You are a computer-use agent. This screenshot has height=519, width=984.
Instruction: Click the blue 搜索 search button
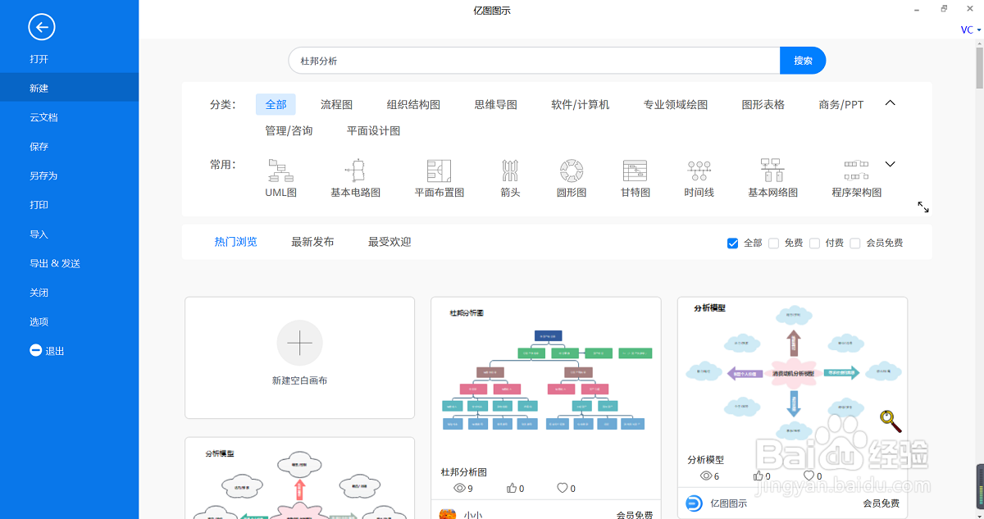tap(802, 61)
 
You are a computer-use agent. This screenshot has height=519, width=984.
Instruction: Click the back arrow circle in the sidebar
tap(42, 27)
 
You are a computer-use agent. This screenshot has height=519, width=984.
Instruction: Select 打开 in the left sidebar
tap(39, 59)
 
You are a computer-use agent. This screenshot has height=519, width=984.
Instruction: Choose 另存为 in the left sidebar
tap(43, 175)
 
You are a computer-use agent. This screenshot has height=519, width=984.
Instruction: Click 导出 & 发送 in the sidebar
tap(55, 263)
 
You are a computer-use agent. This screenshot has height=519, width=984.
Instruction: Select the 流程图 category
tap(336, 104)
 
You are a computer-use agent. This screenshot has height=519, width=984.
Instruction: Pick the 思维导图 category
tap(495, 104)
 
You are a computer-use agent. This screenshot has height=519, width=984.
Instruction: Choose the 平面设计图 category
tap(373, 130)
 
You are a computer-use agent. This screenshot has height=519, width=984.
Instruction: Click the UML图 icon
tap(280, 171)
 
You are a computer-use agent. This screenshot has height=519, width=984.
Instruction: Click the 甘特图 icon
tap(635, 171)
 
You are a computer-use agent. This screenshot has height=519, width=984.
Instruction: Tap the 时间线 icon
tap(699, 171)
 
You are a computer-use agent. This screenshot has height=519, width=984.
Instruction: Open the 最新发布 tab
tap(312, 242)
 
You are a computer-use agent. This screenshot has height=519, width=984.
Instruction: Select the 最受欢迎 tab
tap(389, 242)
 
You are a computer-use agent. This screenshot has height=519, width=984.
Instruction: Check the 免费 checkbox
tap(773, 243)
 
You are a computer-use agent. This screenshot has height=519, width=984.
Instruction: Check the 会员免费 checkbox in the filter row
tap(855, 243)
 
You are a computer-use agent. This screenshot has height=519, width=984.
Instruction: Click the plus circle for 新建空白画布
tap(299, 343)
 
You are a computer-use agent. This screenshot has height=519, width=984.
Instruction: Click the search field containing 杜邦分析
tap(533, 61)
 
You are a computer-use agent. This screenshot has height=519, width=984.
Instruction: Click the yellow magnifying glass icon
tap(891, 421)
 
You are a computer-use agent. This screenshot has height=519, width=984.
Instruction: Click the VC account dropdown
tap(971, 30)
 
